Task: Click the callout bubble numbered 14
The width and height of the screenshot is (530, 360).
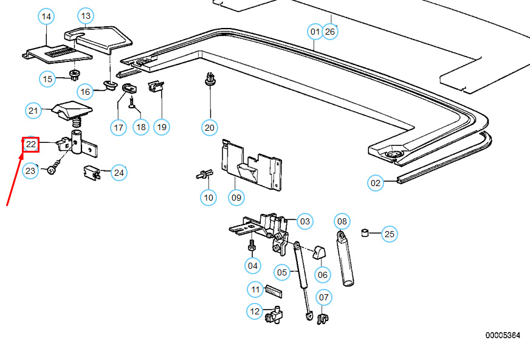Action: [x=46, y=17]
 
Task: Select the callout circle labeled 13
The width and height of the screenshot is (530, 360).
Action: [x=86, y=16]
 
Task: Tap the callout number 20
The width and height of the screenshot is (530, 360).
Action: [x=210, y=127]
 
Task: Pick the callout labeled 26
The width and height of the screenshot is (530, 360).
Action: [x=329, y=31]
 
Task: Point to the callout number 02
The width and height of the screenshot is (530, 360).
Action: [x=376, y=182]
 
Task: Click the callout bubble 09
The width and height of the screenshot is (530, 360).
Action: [x=236, y=197]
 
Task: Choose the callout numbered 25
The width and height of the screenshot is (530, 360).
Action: [x=390, y=234]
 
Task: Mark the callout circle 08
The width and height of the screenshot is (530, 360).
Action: [x=342, y=221]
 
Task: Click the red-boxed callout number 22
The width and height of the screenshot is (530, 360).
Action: [x=31, y=144]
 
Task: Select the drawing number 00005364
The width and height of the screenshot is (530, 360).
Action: [x=502, y=335]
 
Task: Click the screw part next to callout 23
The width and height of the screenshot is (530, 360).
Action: [x=53, y=166]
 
